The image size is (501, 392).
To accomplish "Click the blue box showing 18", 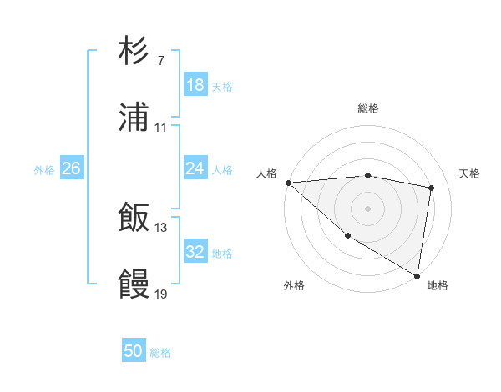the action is (x=195, y=85).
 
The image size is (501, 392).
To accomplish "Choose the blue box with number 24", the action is (x=195, y=168).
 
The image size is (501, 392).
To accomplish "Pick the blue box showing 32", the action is (x=195, y=252).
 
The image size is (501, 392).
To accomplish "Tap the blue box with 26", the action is (x=71, y=168).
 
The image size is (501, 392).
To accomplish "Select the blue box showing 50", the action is (x=134, y=351).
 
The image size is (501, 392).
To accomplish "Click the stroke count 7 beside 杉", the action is (x=160, y=61).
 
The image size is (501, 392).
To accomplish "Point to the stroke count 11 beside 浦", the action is (x=161, y=128).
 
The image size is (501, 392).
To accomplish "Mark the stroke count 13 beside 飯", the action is (x=161, y=227).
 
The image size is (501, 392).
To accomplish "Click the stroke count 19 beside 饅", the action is (x=161, y=294).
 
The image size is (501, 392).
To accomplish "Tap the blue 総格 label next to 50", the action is (x=160, y=353).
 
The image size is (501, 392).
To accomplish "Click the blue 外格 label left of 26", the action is (x=44, y=169).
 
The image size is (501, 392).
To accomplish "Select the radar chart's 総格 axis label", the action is (x=367, y=108).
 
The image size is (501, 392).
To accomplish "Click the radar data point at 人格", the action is (x=288, y=183).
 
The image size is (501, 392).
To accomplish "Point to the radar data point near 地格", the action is (x=417, y=275).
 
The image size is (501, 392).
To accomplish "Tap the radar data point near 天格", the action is (x=432, y=188).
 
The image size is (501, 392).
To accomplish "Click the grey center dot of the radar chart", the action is (x=367, y=209).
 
